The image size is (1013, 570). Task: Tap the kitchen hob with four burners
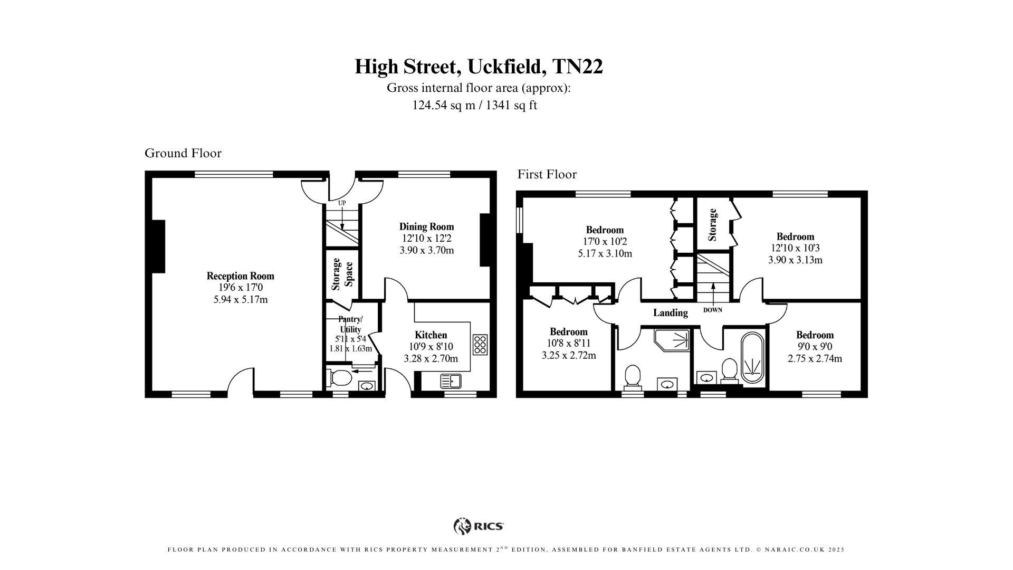click(x=480, y=344)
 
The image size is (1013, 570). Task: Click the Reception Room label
click(x=240, y=275)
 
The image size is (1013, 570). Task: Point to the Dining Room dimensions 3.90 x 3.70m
click(x=426, y=250)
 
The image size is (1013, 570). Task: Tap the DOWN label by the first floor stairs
click(x=712, y=310)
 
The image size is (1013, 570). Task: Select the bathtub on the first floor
click(x=752, y=357)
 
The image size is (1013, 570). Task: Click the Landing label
click(x=670, y=312)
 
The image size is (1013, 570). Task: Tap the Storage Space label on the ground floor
click(x=342, y=274)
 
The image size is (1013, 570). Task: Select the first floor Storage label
click(x=712, y=225)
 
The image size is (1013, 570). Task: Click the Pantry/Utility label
click(x=350, y=324)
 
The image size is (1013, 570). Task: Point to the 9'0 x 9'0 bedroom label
click(x=815, y=347)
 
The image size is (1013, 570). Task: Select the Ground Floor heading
click(x=183, y=153)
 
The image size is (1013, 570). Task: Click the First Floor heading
click(x=547, y=174)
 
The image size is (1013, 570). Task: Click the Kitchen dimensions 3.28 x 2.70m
click(x=431, y=358)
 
